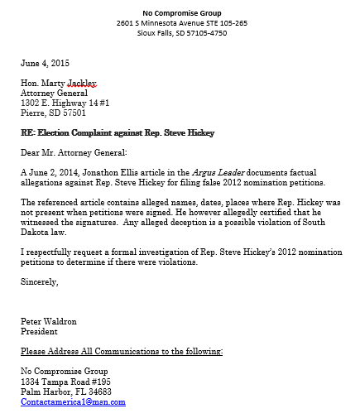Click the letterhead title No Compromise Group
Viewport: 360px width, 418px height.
182,13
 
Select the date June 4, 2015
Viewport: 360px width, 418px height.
46,63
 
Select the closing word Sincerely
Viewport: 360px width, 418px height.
40,282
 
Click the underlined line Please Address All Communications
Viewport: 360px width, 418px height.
122,352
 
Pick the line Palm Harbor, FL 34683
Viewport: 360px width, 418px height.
66,392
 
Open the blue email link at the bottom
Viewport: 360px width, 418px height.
73,402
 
